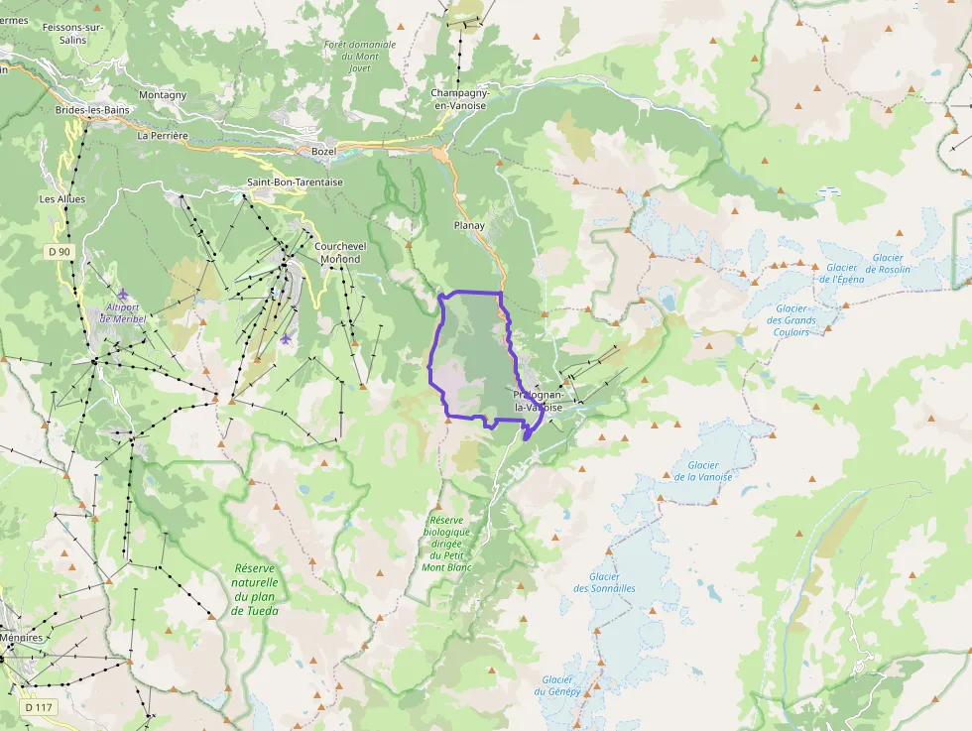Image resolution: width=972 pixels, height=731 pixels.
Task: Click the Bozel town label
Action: point(323,151)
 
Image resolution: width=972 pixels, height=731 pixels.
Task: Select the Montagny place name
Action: point(163,95)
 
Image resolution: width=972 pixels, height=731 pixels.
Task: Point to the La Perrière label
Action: point(164,136)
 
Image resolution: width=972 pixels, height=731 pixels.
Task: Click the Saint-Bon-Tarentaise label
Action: point(295,183)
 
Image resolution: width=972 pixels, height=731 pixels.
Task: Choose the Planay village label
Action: point(469,225)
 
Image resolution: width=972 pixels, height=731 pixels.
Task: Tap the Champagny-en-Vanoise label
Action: point(458,98)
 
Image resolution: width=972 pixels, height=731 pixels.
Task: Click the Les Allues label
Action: point(62,199)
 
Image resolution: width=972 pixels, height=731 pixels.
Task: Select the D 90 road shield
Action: point(60,252)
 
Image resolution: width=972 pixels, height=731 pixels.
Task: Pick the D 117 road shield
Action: point(39,707)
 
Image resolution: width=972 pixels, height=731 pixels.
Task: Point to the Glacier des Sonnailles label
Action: point(604,582)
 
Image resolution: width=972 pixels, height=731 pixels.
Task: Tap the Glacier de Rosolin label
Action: point(884,264)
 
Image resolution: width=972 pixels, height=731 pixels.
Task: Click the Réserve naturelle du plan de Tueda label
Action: point(255,589)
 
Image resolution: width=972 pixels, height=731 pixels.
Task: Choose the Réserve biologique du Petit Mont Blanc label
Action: point(446,544)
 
